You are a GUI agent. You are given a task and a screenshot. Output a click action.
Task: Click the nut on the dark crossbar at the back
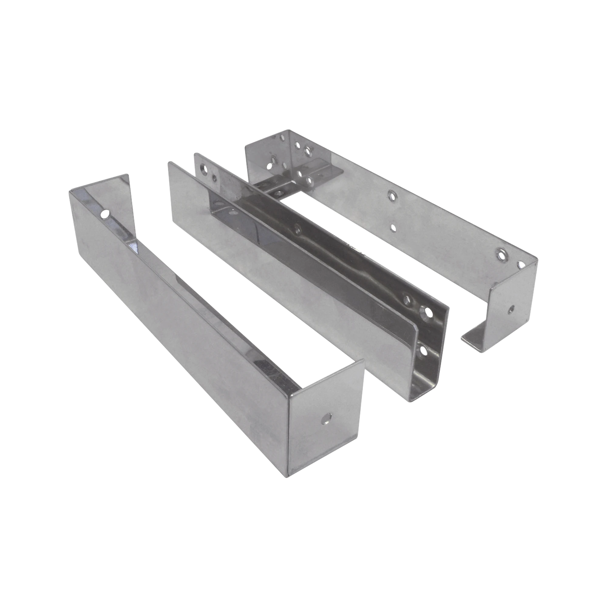(310, 180)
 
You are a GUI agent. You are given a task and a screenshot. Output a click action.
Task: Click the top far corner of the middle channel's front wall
(169, 162)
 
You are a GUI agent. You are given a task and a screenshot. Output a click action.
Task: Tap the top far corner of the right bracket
(290, 130)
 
